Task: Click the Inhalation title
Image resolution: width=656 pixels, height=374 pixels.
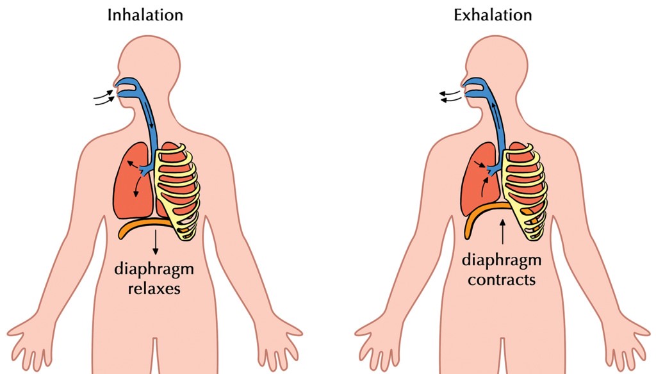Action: pyautogui.click(x=145, y=15)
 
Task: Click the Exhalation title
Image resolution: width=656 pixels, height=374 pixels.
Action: pyautogui.click(x=493, y=15)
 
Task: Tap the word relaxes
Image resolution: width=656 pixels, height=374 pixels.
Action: pyautogui.click(x=154, y=288)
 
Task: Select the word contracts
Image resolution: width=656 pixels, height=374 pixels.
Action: pyautogui.click(x=502, y=279)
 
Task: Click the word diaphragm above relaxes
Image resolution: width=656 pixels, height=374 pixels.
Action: pyautogui.click(x=154, y=270)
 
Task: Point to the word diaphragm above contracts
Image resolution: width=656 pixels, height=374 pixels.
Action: pyautogui.click(x=502, y=261)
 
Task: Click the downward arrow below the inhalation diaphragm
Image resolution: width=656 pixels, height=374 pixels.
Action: pyautogui.click(x=156, y=242)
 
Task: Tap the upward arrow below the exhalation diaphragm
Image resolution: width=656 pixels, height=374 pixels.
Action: pyautogui.click(x=502, y=232)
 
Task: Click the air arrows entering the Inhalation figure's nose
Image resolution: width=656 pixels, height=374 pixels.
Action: pyautogui.click(x=104, y=97)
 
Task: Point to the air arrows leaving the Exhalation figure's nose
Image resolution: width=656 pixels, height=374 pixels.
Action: pyautogui.click(x=450, y=96)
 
